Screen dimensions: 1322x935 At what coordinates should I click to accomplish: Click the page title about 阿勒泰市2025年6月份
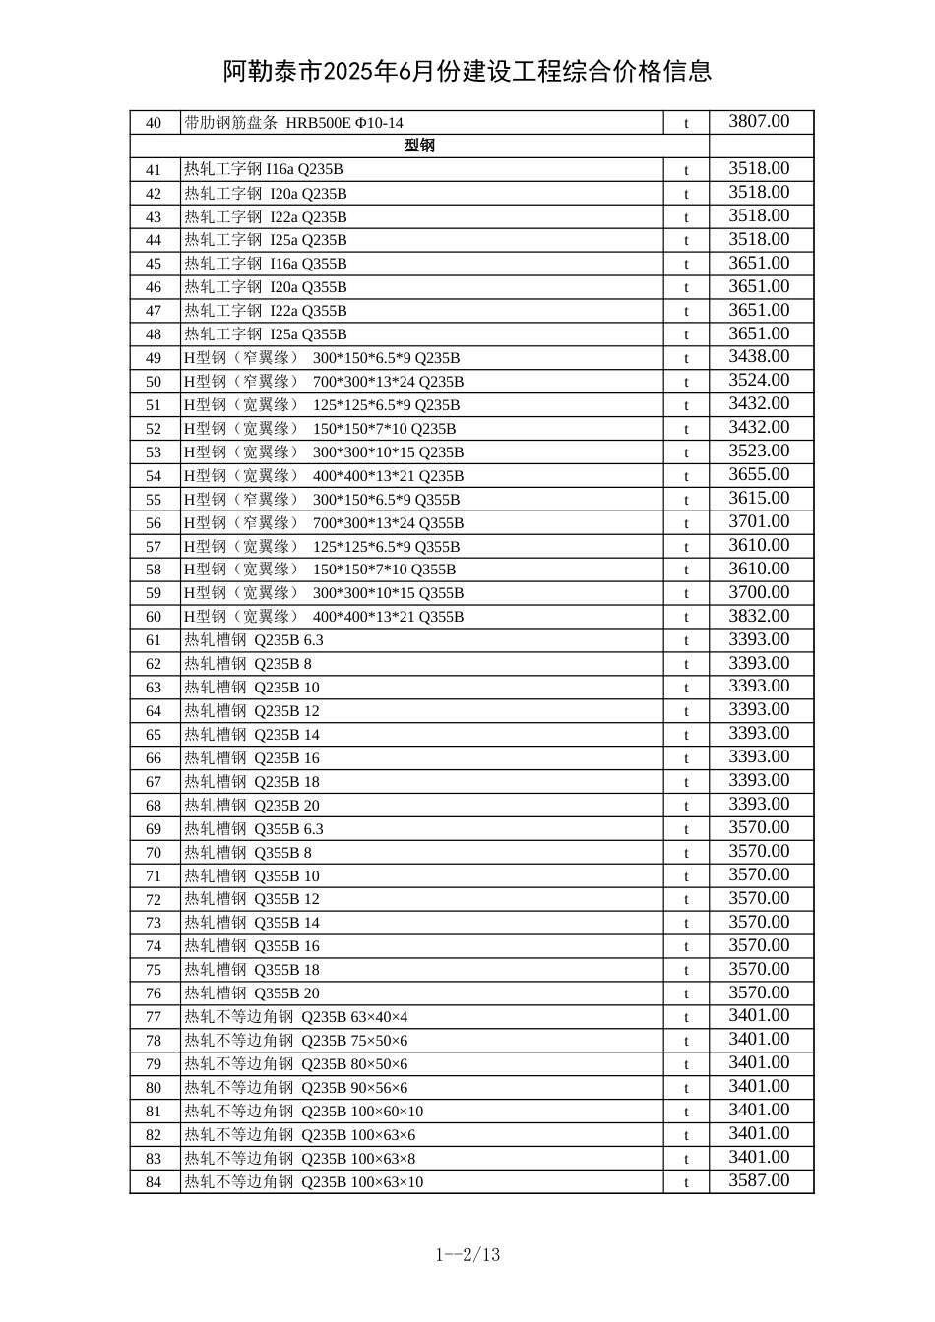click(467, 72)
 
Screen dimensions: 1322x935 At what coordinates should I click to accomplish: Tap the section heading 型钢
click(419, 146)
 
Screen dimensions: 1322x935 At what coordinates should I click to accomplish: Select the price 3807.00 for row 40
click(759, 122)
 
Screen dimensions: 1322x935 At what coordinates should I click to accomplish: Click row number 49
click(154, 358)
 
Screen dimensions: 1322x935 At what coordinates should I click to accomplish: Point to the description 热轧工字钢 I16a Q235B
click(263, 169)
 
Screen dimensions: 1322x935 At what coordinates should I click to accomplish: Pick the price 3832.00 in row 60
click(759, 617)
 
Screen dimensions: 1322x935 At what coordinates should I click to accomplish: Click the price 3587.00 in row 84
click(759, 1181)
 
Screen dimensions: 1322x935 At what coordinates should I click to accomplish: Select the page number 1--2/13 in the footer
click(467, 1254)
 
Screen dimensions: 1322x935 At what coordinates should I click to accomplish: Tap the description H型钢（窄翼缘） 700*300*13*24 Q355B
click(324, 523)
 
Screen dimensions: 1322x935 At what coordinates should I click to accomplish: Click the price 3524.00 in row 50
click(759, 381)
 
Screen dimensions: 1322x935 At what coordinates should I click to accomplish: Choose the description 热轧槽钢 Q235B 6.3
click(253, 640)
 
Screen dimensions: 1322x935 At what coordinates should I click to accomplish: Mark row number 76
click(154, 993)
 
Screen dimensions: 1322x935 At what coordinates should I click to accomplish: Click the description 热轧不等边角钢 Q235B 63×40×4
click(295, 1017)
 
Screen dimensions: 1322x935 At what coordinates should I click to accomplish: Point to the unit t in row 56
click(686, 523)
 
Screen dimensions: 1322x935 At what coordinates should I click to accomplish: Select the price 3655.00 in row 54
click(759, 475)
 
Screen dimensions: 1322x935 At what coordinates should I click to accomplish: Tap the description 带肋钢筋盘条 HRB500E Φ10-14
click(293, 123)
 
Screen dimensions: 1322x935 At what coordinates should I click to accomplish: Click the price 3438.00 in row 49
click(759, 357)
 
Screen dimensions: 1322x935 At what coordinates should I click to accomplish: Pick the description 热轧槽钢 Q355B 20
click(251, 993)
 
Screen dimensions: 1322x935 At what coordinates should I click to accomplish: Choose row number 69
click(154, 829)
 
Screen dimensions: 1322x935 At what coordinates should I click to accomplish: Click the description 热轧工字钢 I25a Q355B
click(265, 334)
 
